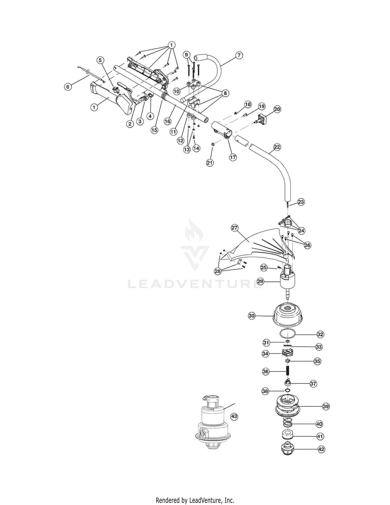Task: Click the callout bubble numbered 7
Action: pos(239,55)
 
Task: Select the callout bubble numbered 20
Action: pos(277,109)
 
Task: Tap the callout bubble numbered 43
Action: pos(234,417)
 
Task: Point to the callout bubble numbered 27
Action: pos(235,228)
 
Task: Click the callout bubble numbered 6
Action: pos(68,87)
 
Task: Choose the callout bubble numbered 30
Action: pos(251,316)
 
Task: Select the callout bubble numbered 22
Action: pos(277,147)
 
